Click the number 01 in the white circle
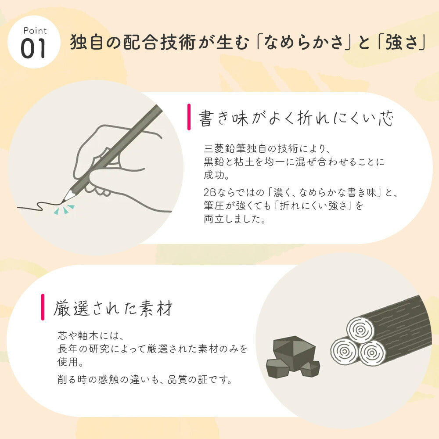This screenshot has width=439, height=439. click(34, 49)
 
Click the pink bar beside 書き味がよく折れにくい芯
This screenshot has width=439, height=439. click(189, 117)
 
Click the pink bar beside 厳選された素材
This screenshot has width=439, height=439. click(43, 307)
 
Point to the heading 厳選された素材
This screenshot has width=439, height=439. click(113, 308)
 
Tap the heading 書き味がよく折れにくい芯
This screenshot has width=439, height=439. click(297, 119)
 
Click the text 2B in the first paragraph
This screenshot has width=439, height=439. click(209, 192)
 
